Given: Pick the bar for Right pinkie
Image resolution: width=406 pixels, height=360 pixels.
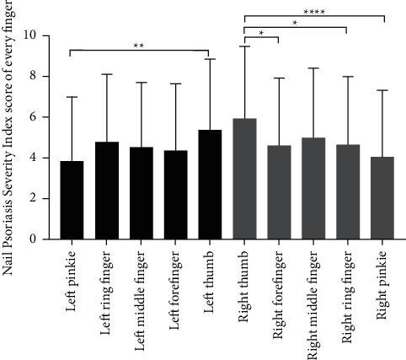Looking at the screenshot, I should (382, 198).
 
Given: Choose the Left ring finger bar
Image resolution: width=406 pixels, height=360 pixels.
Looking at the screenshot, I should (106, 191).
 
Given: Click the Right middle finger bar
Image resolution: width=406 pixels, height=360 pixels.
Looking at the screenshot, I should (313, 189).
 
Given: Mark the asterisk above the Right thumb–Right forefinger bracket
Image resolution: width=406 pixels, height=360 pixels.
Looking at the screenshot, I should (261, 33).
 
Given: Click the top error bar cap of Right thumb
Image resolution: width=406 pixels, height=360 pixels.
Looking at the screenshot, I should (244, 46).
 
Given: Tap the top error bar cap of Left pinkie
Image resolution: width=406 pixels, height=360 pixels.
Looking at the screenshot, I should (72, 97).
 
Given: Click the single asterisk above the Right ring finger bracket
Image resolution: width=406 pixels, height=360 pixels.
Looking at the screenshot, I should (296, 23).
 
